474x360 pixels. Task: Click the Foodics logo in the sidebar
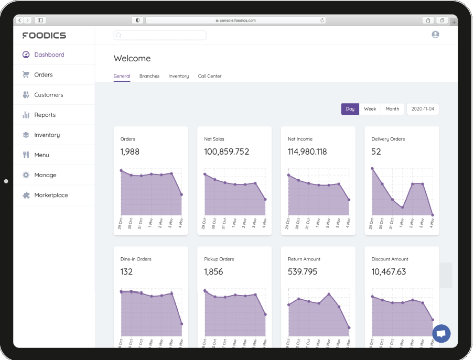pos(44,36)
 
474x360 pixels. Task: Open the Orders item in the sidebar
pos(43,75)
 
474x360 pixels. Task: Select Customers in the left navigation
pos(48,95)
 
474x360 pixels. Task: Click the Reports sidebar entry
pos(45,115)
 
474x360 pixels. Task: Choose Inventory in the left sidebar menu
pos(47,135)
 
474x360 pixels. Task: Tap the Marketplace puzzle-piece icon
pos(26,195)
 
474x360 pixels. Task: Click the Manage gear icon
pos(26,175)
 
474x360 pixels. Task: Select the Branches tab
pos(149,76)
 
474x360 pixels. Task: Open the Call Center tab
pos(209,76)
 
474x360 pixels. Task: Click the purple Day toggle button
pos(350,109)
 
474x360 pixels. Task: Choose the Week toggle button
pos(370,109)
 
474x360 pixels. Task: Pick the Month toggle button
pos(392,109)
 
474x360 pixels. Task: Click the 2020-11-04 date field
pos(422,109)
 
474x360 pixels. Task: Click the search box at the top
pos(160,35)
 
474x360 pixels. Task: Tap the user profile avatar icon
pos(435,35)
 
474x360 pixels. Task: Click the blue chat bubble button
pos(441,333)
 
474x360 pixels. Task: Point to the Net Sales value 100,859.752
pos(227,152)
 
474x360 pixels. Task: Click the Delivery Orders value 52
pos(376,152)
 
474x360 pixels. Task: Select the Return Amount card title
pos(304,259)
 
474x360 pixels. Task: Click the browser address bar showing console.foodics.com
pos(235,20)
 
